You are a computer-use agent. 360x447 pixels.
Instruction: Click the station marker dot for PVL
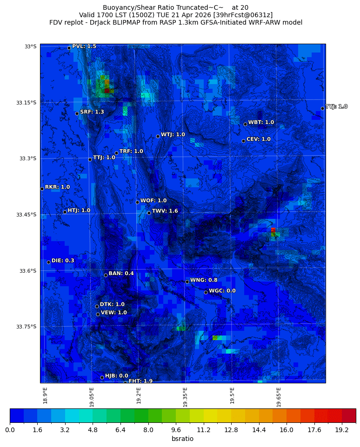click(x=69, y=48)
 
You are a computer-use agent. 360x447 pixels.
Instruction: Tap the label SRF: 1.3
click(x=92, y=112)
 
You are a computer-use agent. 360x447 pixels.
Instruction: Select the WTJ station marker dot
click(x=158, y=136)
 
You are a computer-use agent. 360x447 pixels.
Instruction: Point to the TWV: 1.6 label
click(x=165, y=211)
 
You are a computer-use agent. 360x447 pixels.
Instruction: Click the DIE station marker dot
click(x=48, y=262)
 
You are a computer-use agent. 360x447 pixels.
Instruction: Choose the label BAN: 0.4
click(x=121, y=273)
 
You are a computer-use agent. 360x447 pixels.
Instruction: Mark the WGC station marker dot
click(x=206, y=292)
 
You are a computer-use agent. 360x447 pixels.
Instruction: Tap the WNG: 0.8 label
click(x=204, y=280)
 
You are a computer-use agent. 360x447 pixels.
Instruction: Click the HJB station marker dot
click(x=102, y=377)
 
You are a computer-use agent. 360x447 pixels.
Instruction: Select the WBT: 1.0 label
click(x=261, y=122)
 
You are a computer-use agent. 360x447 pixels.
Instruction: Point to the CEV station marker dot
click(x=243, y=141)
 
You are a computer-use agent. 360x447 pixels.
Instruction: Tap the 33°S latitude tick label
click(x=30, y=46)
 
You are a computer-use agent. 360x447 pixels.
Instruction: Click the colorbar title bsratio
click(x=182, y=439)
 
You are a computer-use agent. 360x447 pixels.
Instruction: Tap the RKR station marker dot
click(x=42, y=189)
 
